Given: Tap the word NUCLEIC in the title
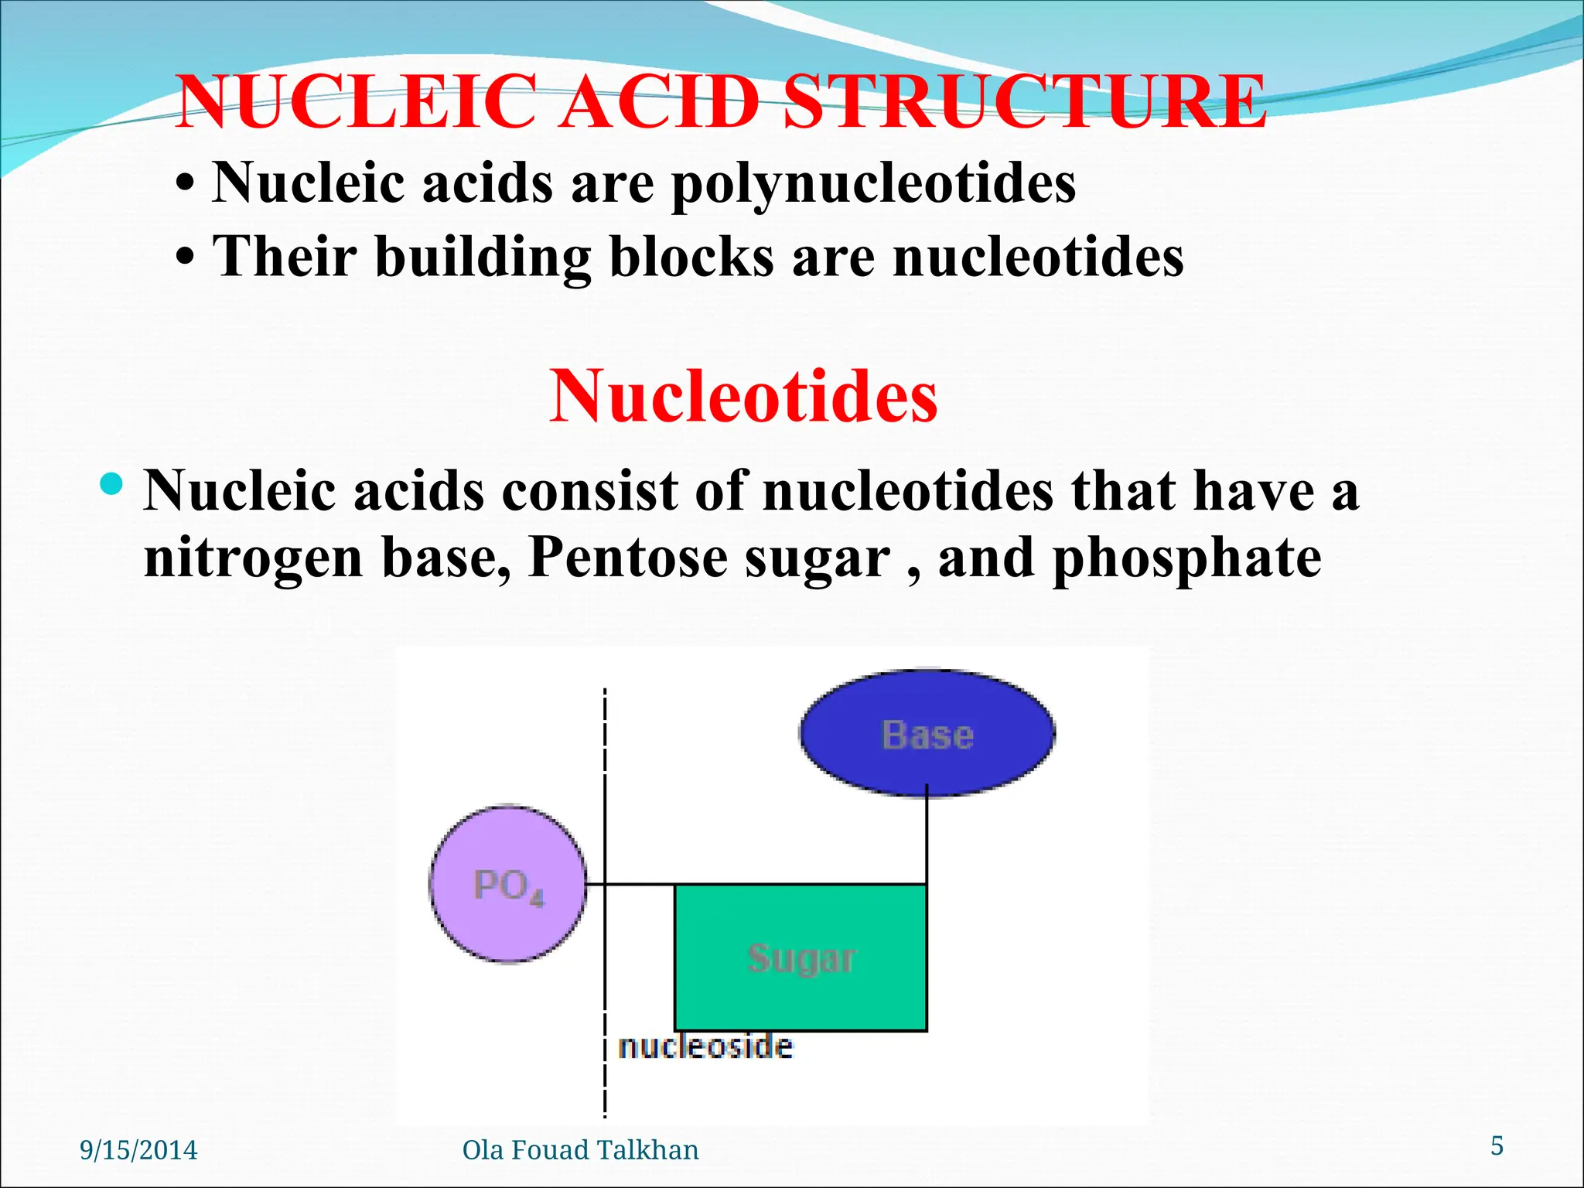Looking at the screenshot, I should pos(356,102).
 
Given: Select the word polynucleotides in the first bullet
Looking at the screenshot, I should pos(873,184).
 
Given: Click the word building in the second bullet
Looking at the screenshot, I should pos(483,257).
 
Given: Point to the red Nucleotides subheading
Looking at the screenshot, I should pos(743,396).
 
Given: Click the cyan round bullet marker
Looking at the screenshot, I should pos(112,484).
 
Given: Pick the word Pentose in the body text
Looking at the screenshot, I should pos(627,557).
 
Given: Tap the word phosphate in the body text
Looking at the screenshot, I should pos(1187,557).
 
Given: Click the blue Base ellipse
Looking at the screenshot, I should pos(927,732).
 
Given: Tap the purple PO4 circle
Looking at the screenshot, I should pos(508,884).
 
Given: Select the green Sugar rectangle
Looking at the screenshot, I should pos(801,958).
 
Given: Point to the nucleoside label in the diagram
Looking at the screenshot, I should pos(705,1047).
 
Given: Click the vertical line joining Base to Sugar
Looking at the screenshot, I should pos(927,839).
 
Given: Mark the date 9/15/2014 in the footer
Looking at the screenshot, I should pos(139,1150).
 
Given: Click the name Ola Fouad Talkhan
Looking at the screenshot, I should pos(580,1150).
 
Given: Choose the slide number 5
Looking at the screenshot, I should pos(1497,1145).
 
